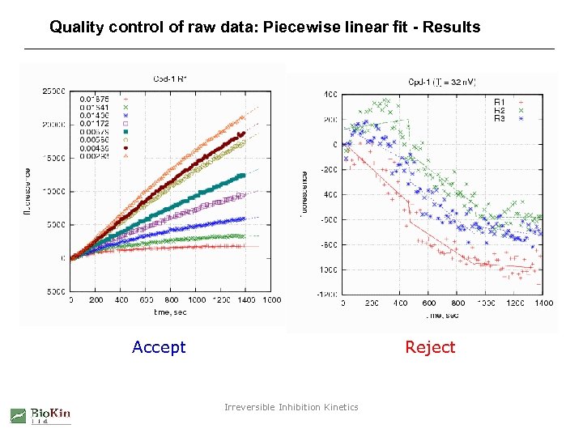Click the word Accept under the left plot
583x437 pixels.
coord(159,347)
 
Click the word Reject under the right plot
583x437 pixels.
coord(430,347)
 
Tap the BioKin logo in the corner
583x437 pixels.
coord(40,415)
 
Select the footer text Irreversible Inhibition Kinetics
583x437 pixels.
coord(291,407)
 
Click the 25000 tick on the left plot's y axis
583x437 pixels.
coord(54,91)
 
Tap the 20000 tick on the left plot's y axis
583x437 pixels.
coord(54,125)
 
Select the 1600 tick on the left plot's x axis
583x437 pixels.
coord(272,299)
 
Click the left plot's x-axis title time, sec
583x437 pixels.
coord(170,311)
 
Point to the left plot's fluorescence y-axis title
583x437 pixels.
coord(27,192)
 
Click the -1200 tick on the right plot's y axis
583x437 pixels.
coord(328,295)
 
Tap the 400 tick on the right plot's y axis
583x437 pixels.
coord(330,94)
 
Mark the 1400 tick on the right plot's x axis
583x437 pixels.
coord(544,303)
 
